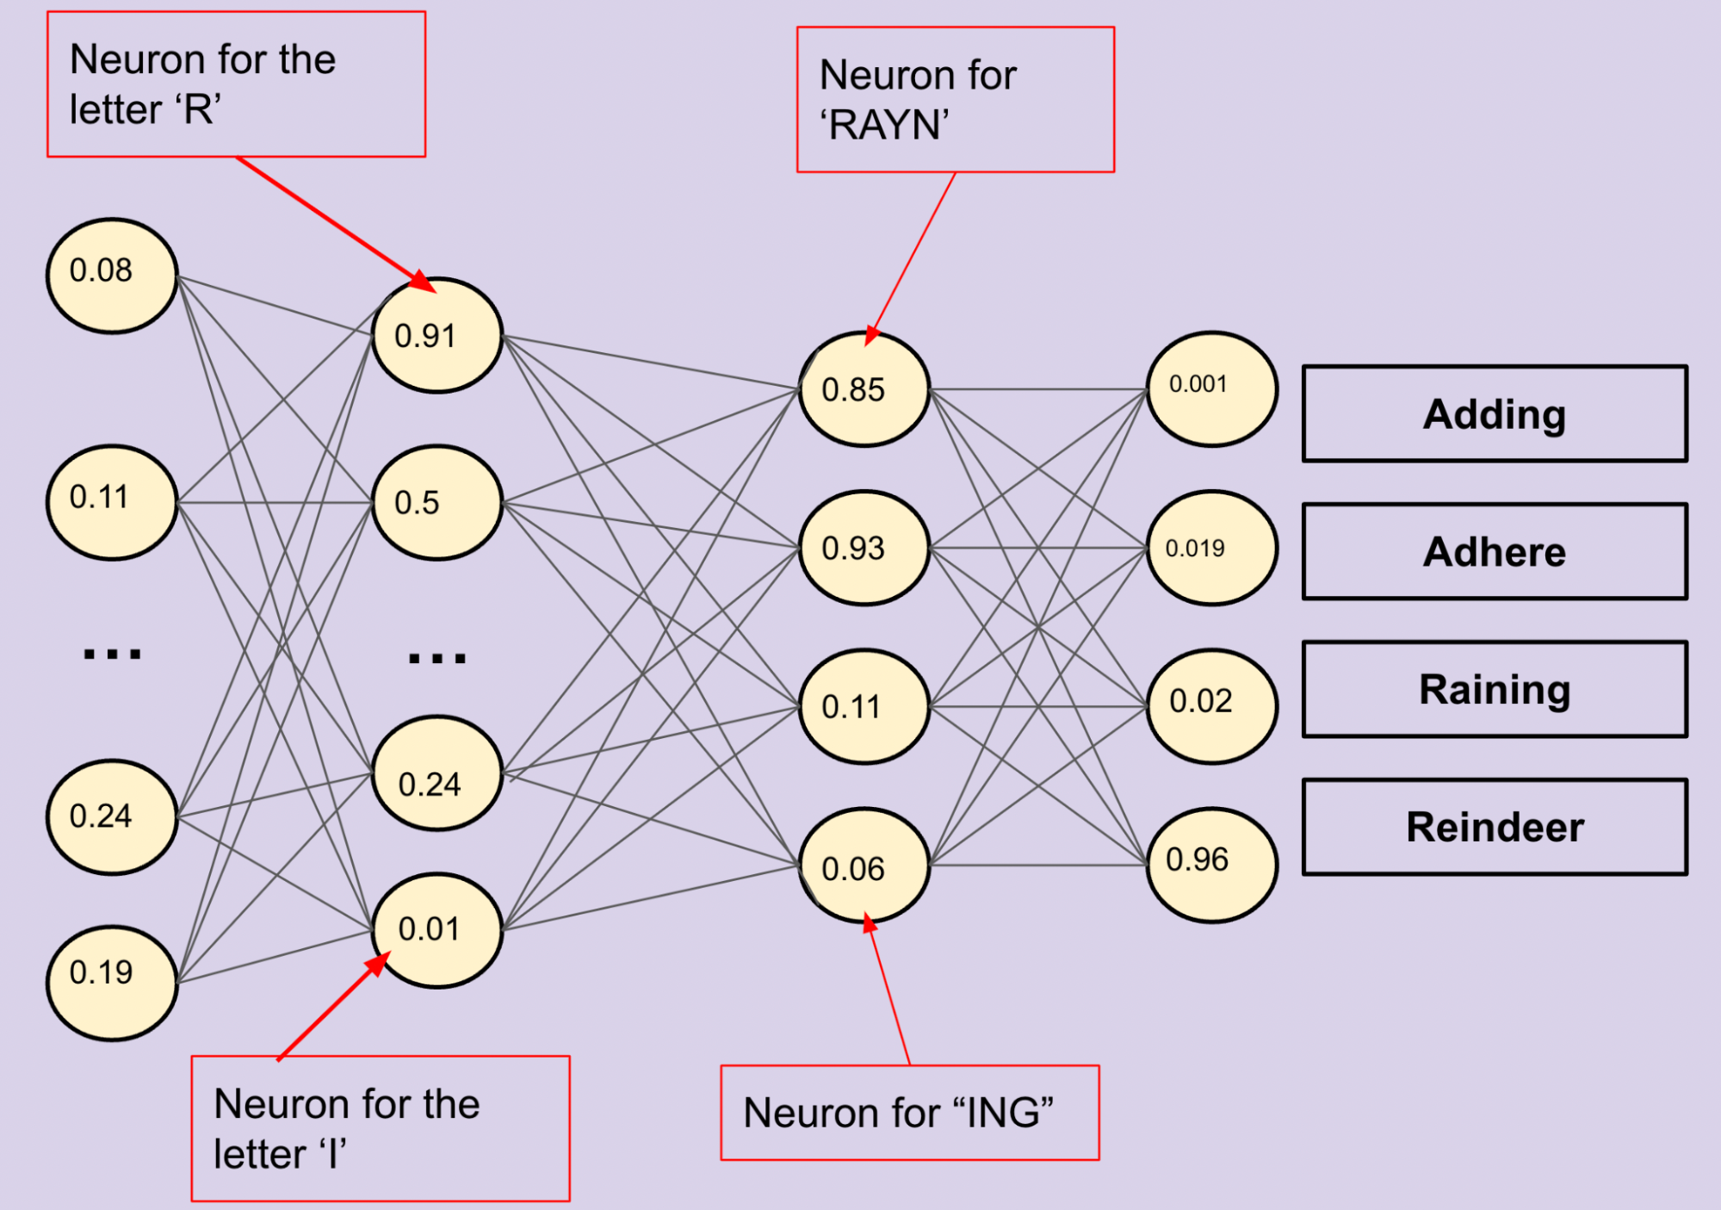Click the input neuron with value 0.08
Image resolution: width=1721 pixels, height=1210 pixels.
(x=112, y=276)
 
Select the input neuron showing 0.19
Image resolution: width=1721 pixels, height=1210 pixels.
(x=112, y=983)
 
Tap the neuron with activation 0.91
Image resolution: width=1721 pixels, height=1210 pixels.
(x=437, y=335)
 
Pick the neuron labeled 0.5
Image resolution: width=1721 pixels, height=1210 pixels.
(x=437, y=502)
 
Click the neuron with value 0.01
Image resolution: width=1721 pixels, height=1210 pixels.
(x=437, y=930)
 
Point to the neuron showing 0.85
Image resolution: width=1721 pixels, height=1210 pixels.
(x=864, y=389)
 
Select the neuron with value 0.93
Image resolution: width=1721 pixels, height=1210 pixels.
(x=864, y=548)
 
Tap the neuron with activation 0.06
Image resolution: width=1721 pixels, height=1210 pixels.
(x=864, y=866)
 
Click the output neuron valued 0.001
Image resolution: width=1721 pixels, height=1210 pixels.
(x=1212, y=389)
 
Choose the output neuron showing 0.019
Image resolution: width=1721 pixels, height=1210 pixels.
(x=1212, y=548)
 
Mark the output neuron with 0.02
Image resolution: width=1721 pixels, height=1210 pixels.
(x=1212, y=706)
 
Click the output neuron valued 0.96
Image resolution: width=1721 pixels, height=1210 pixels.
(x=1212, y=865)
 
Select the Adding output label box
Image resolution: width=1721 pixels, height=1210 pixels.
(x=1495, y=414)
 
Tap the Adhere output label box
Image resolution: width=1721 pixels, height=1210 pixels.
(x=1495, y=552)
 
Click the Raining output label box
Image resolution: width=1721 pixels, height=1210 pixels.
(x=1495, y=689)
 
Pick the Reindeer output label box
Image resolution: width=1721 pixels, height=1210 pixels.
(x=1495, y=827)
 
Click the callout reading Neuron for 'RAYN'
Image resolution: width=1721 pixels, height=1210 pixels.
(x=956, y=100)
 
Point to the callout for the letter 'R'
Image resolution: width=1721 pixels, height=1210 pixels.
(x=236, y=84)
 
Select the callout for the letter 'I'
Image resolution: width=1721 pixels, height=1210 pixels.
(x=381, y=1128)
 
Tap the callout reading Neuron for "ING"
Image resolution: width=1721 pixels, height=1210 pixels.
(x=910, y=1113)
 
